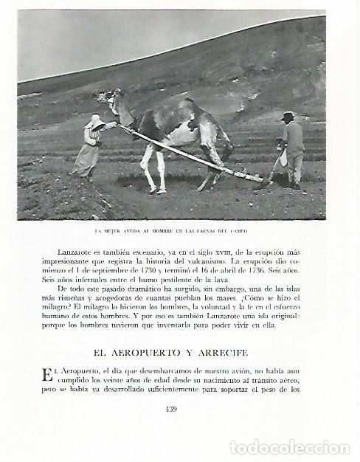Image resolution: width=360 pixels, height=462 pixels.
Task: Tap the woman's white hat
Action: click(x=95, y=121)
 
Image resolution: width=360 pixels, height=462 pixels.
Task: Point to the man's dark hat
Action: click(x=288, y=116)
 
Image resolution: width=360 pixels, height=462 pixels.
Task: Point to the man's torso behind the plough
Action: click(x=294, y=138)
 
